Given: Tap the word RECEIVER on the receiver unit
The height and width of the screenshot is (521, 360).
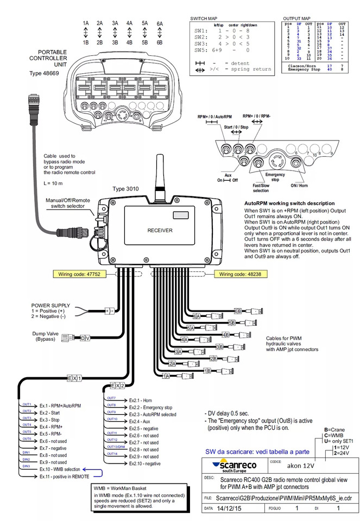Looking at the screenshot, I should point(160,231).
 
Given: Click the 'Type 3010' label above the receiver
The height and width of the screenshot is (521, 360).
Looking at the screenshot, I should point(126,189).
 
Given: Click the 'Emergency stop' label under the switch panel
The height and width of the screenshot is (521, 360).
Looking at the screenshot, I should point(276,177).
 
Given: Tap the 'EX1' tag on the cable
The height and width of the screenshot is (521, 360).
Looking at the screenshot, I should point(74,377).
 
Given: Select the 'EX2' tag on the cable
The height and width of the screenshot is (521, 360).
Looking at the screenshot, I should point(118,385).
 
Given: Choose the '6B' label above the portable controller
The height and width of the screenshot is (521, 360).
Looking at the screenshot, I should point(159,42).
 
